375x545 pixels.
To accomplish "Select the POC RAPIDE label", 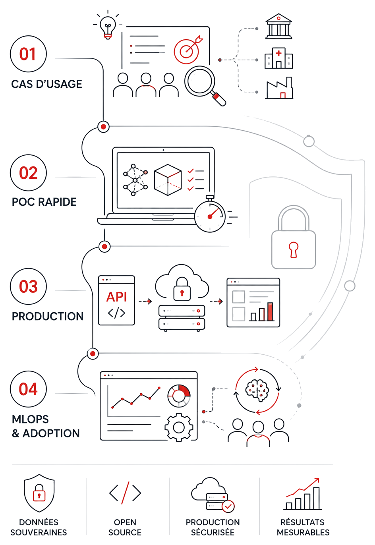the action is coord(44,202).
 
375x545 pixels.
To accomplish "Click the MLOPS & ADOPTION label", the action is coord(46,426).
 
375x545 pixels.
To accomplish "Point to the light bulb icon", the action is coord(108,26).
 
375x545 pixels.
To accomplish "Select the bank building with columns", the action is coord(278,26).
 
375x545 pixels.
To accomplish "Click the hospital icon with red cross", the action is coord(278,58).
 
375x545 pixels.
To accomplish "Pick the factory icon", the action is coord(279,88).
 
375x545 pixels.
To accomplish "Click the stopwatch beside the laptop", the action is coord(210,215).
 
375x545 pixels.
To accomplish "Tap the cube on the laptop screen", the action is coord(168,180).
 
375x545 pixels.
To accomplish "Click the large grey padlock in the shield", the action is coord(294,237).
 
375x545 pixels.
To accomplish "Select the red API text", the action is coord(116,297).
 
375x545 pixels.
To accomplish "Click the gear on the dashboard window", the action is coord(179,427).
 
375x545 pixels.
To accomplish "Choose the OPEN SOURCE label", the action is coord(125,527).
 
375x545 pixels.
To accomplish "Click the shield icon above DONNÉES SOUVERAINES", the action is coord(39,493).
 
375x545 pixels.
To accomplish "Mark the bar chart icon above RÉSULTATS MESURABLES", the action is coord(303,494).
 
